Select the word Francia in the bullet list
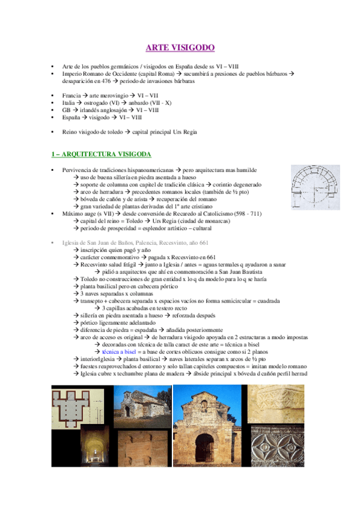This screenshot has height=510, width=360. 71,96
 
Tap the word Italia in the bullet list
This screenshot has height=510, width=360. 69,103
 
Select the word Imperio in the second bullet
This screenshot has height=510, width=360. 72,73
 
